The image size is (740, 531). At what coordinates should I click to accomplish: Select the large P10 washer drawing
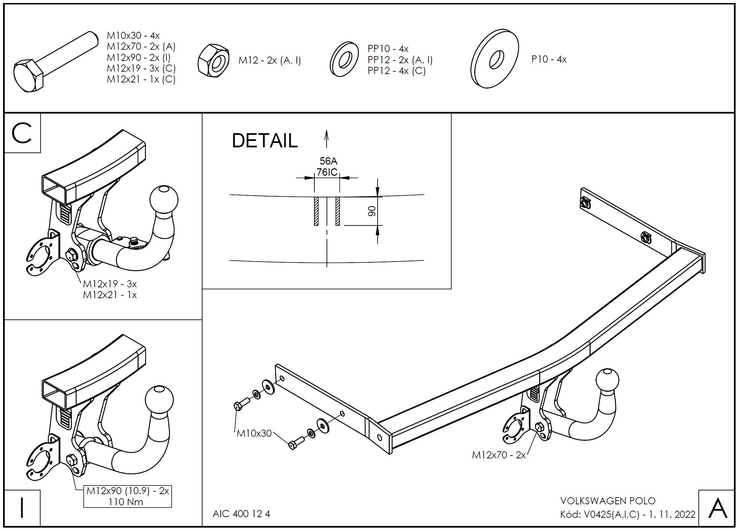point(495,58)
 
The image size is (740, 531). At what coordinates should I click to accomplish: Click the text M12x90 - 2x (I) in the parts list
point(139,57)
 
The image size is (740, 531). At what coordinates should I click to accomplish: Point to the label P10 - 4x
point(549,59)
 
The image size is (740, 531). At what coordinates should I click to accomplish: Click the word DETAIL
point(264,141)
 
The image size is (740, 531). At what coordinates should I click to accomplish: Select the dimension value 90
point(372,211)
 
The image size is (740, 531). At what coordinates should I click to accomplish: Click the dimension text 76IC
point(327,172)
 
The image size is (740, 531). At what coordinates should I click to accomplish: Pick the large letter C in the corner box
point(22,133)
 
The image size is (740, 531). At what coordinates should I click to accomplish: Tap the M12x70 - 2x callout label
point(499,455)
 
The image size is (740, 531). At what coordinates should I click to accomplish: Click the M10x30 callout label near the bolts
point(254,433)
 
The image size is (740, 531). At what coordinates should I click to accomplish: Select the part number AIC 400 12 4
point(241,514)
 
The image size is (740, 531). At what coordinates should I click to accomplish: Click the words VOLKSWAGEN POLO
point(608,501)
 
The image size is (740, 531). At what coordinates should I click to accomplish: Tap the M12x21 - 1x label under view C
point(110,295)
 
